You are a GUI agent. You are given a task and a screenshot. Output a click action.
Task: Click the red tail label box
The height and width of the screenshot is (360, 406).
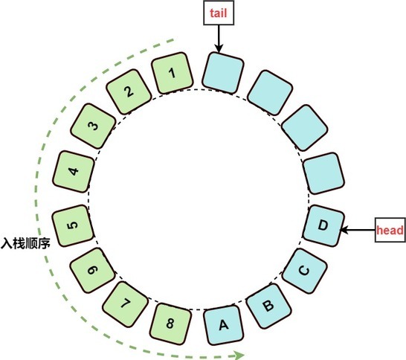coord(219,13)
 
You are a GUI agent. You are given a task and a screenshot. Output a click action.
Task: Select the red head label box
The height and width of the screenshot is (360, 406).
coord(390,230)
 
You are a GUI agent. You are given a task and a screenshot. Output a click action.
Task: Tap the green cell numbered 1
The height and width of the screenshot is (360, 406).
coord(173,73)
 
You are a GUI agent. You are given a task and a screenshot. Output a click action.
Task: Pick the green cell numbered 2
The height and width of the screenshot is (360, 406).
coord(129,91)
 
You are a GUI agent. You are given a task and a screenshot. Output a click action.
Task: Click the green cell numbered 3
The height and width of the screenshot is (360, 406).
coord(93,126)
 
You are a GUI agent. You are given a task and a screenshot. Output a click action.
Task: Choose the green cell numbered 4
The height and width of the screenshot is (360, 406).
coord(74,172)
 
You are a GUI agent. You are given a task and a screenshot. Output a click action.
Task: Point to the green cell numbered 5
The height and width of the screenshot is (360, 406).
coord(73,225)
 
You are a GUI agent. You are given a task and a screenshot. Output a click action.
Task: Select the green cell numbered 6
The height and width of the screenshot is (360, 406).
coord(92,271)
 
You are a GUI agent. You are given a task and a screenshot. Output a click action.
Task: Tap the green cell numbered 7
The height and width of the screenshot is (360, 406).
coord(126,304)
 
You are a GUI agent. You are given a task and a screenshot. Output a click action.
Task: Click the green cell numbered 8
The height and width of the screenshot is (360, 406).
coord(170,324)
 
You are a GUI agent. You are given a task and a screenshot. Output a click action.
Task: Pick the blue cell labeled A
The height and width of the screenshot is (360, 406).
coord(224,325)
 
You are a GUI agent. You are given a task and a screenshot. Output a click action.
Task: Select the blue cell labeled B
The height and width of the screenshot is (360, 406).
coord(268,306)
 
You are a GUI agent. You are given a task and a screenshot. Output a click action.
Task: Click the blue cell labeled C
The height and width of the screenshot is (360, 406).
coord(304,271)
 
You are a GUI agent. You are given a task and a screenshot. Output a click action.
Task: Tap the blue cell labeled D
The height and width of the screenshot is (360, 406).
coord(323,225)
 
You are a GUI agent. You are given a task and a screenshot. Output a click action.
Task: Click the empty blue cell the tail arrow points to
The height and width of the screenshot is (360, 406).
coord(223,72)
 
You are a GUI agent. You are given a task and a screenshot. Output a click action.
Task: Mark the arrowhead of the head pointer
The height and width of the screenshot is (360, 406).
coord(344,230)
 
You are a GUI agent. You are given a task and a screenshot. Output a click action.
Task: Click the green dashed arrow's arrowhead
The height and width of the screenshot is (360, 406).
coord(239,355)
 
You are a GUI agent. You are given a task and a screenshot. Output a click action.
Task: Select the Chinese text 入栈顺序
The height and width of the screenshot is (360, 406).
coord(25,243)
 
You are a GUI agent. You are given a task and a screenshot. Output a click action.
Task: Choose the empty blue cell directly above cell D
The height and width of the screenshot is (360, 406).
coord(323,173)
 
